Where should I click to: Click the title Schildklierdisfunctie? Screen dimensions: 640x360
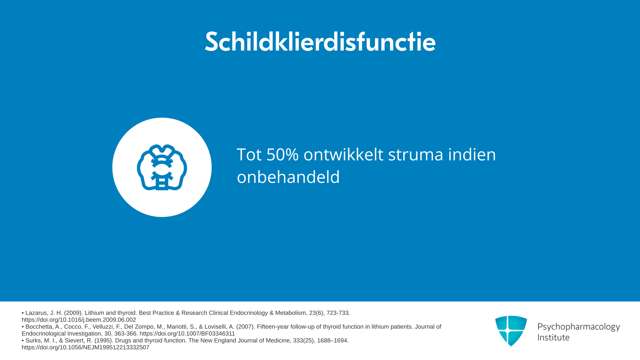(x=320, y=42)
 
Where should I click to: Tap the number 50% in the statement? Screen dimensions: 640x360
(x=282, y=155)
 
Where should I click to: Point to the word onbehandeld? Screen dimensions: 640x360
(x=288, y=177)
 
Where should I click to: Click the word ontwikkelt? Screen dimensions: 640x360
(x=343, y=155)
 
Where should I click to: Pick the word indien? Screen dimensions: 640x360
(x=472, y=154)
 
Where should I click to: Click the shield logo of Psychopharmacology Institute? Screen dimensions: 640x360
(x=511, y=331)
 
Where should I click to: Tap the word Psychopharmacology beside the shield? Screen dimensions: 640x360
(x=579, y=327)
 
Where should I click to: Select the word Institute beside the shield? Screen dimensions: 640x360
(x=553, y=337)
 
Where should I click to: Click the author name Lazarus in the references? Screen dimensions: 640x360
(x=36, y=313)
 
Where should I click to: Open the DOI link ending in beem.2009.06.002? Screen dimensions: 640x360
(x=79, y=320)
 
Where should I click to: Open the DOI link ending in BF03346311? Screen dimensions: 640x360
(x=187, y=334)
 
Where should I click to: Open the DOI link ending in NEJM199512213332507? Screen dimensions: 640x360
(x=85, y=347)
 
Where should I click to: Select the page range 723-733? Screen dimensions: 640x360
(x=338, y=313)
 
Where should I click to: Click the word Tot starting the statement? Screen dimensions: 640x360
(x=249, y=155)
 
